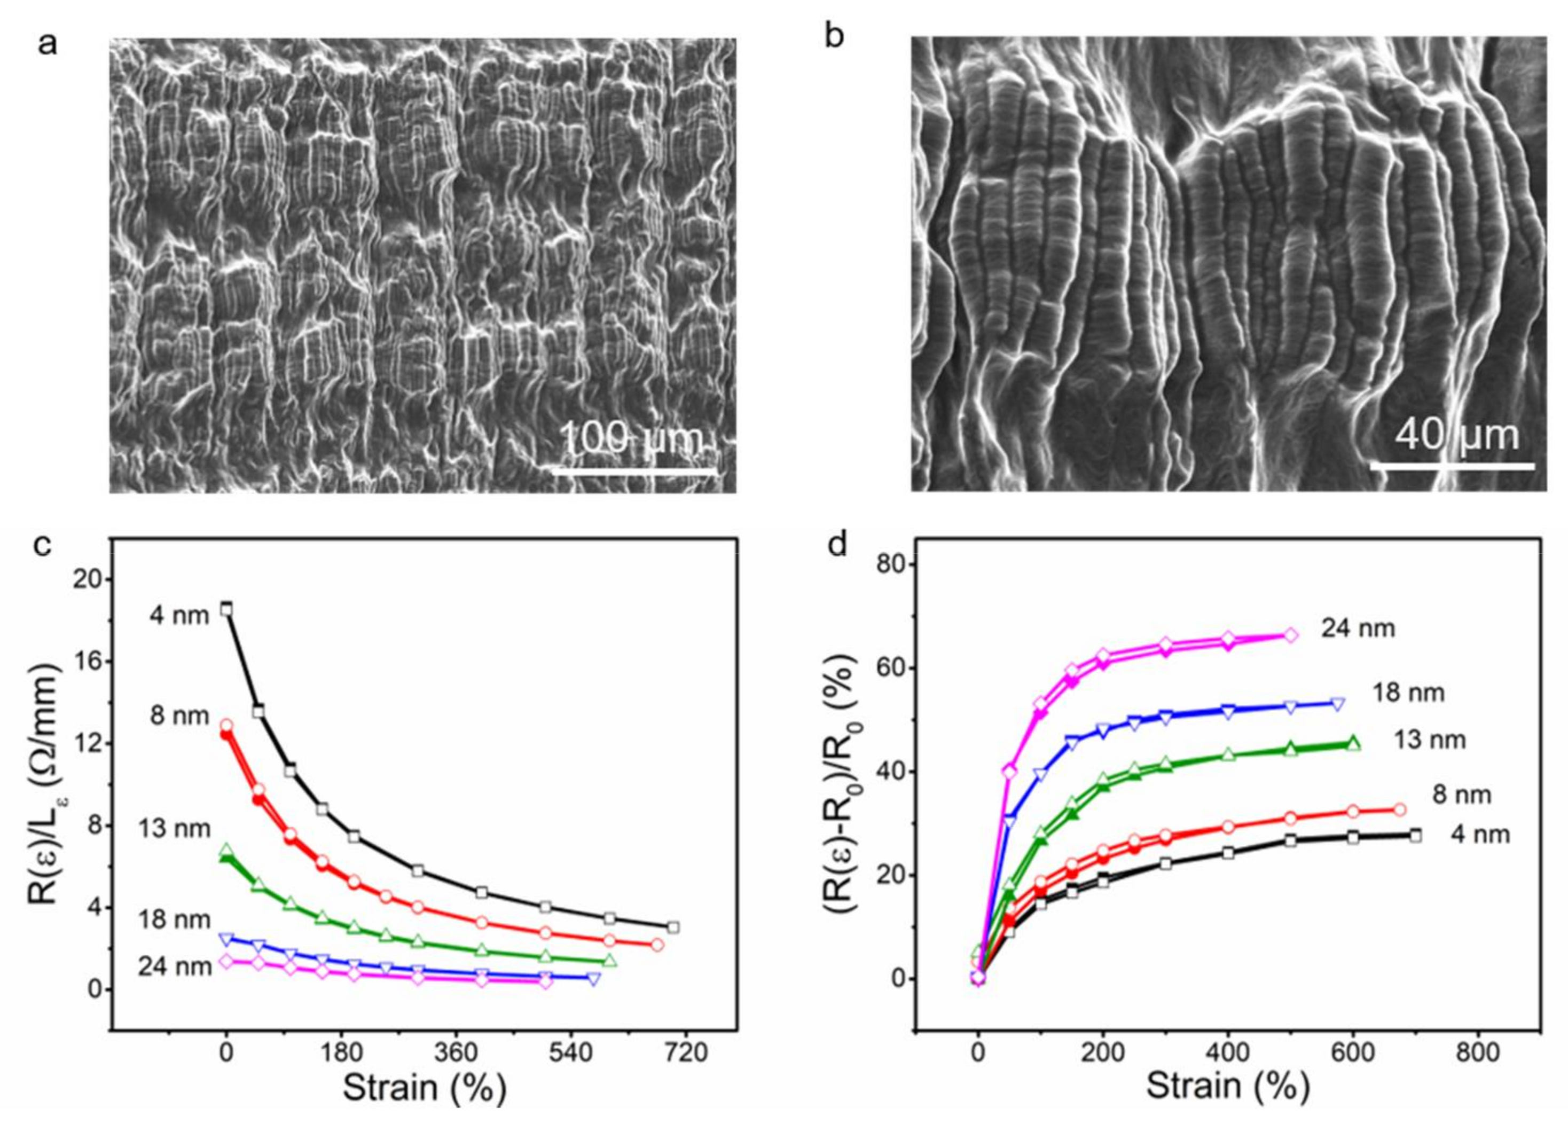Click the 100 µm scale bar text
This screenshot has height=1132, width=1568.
tap(631, 438)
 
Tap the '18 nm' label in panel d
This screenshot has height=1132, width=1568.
tap(1408, 693)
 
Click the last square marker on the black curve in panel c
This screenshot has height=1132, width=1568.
tap(673, 927)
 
